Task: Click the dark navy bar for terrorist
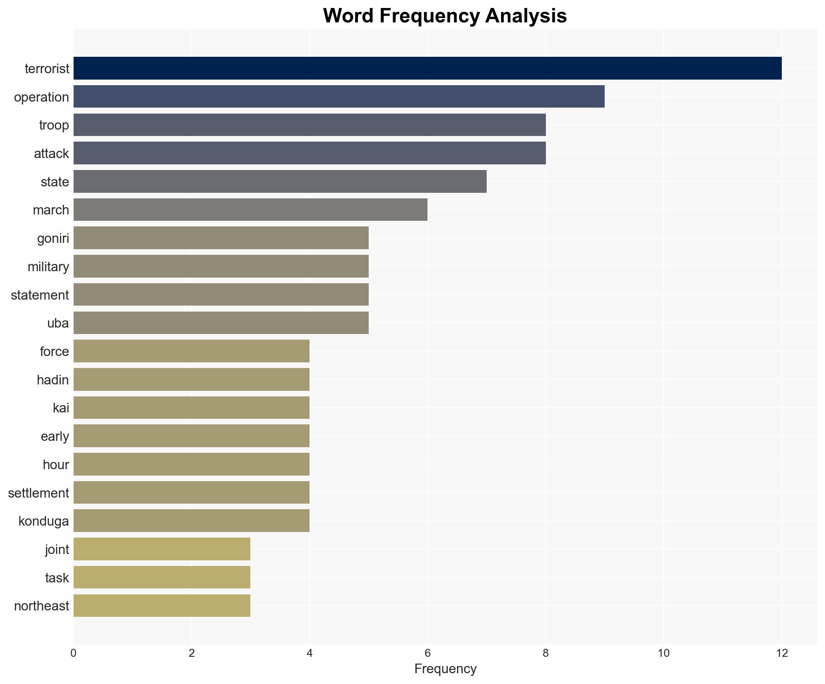pos(427,68)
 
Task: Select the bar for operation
pos(339,97)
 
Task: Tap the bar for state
pos(280,182)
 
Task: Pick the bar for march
pos(250,210)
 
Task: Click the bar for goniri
pos(221,238)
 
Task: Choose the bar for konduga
pos(191,521)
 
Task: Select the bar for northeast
pos(162,606)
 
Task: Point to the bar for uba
pos(221,323)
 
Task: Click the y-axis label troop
pos(54,125)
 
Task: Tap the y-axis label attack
pos(51,154)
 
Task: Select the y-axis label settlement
pos(38,493)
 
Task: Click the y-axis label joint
pos(57,550)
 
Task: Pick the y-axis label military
pos(48,266)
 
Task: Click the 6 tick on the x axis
pos(427,653)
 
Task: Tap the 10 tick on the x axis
pos(663,653)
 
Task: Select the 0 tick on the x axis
pos(74,653)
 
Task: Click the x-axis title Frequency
pos(445,669)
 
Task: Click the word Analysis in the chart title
pos(526,16)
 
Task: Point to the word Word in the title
pos(349,16)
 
